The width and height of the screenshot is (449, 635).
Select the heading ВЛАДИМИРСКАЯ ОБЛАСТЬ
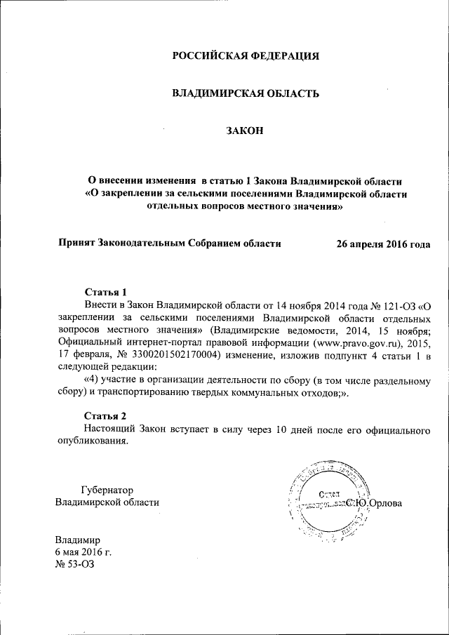click(246, 93)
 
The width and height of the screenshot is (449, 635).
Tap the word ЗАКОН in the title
click(245, 129)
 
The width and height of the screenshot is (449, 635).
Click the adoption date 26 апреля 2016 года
click(383, 243)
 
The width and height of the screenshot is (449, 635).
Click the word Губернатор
click(107, 490)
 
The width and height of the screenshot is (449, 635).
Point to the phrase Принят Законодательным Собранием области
click(168, 243)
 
